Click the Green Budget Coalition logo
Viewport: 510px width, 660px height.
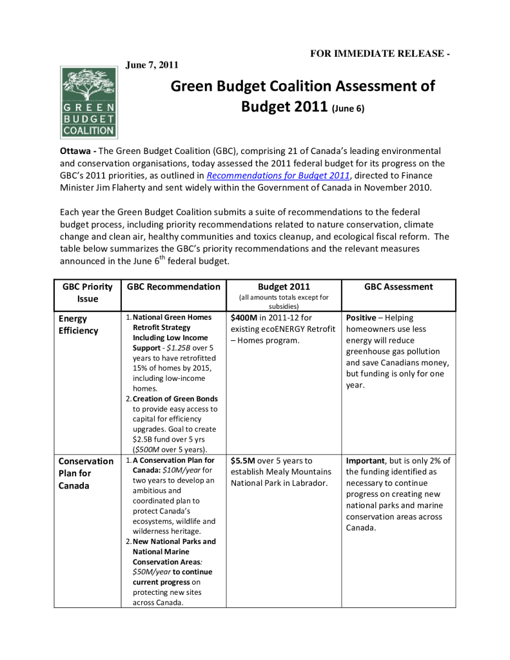(89, 101)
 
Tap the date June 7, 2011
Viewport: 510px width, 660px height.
(151, 64)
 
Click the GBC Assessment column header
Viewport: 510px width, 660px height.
(398, 287)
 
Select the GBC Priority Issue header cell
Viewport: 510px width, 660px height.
(87, 293)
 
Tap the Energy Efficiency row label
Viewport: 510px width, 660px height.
(78, 324)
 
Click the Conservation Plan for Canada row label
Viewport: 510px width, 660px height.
(85, 473)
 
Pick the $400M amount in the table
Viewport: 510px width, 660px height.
(244, 318)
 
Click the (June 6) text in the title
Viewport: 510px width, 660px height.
(348, 109)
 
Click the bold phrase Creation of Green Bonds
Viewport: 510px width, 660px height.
(175, 399)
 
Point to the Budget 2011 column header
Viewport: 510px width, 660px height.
(284, 287)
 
